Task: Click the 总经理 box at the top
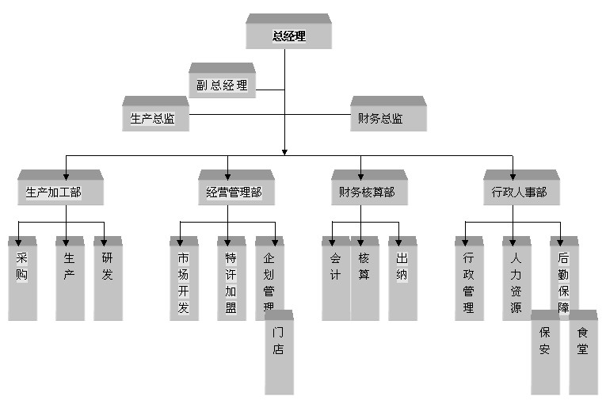tap(288, 36)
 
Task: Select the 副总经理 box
tap(222, 85)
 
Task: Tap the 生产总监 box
tap(154, 119)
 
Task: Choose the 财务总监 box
tap(387, 119)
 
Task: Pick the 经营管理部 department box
tap(235, 192)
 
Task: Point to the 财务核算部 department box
tap(368, 192)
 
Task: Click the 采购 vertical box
tap(22, 281)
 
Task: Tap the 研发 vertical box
tap(108, 281)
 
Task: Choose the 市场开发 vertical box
tap(184, 281)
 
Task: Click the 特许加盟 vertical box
tap(231, 281)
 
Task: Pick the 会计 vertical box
tap(335, 281)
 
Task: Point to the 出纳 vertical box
tap(402, 281)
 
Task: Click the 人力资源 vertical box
tap(516, 281)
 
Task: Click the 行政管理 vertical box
tap(468, 281)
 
